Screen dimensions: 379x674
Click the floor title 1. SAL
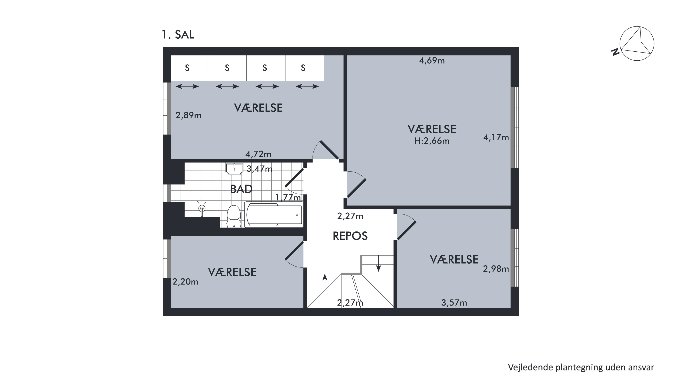click(178, 35)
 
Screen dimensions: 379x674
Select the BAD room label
click(241, 189)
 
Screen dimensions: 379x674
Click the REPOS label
click(350, 236)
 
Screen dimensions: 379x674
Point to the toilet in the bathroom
click(234, 216)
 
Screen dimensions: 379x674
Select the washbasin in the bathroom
click(234, 169)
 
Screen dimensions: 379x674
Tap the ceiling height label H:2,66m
click(432, 141)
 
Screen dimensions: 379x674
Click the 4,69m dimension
click(432, 61)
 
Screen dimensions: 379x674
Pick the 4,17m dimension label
click(496, 137)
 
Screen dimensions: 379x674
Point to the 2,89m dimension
click(188, 115)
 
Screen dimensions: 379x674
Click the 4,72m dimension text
click(258, 154)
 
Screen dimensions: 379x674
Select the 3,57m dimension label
click(454, 303)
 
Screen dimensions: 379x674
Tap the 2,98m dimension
click(496, 269)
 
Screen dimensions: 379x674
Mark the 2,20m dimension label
click(185, 282)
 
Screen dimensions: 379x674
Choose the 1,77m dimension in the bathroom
click(288, 197)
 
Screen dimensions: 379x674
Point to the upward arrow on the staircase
click(325, 282)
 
